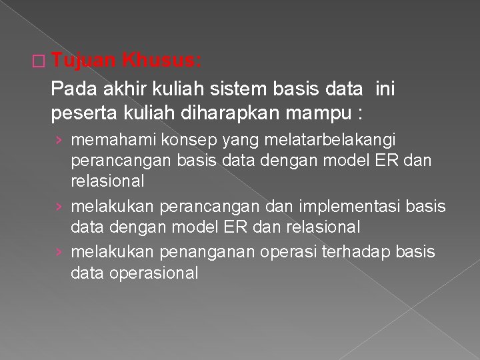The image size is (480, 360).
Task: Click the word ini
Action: (385, 88)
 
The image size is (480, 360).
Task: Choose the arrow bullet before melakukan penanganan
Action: (59, 253)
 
